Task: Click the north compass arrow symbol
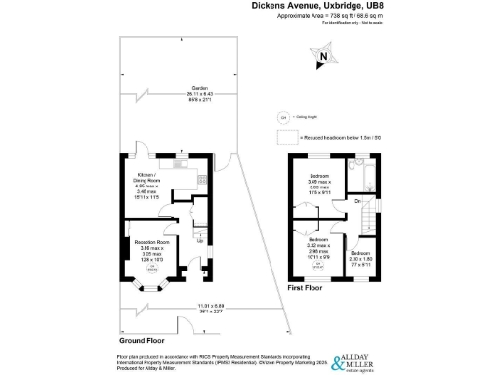[x=322, y=62]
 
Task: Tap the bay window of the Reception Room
[x=150, y=286]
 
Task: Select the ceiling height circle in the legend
[x=284, y=118]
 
